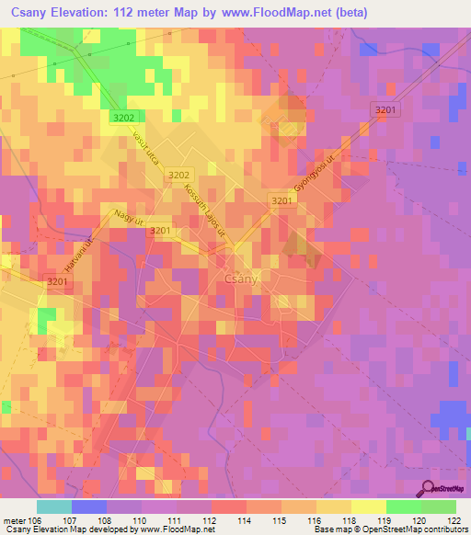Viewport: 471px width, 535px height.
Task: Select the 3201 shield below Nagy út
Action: (160, 231)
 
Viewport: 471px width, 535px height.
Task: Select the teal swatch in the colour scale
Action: (54, 507)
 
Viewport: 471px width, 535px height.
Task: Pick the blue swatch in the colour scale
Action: (89, 507)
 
